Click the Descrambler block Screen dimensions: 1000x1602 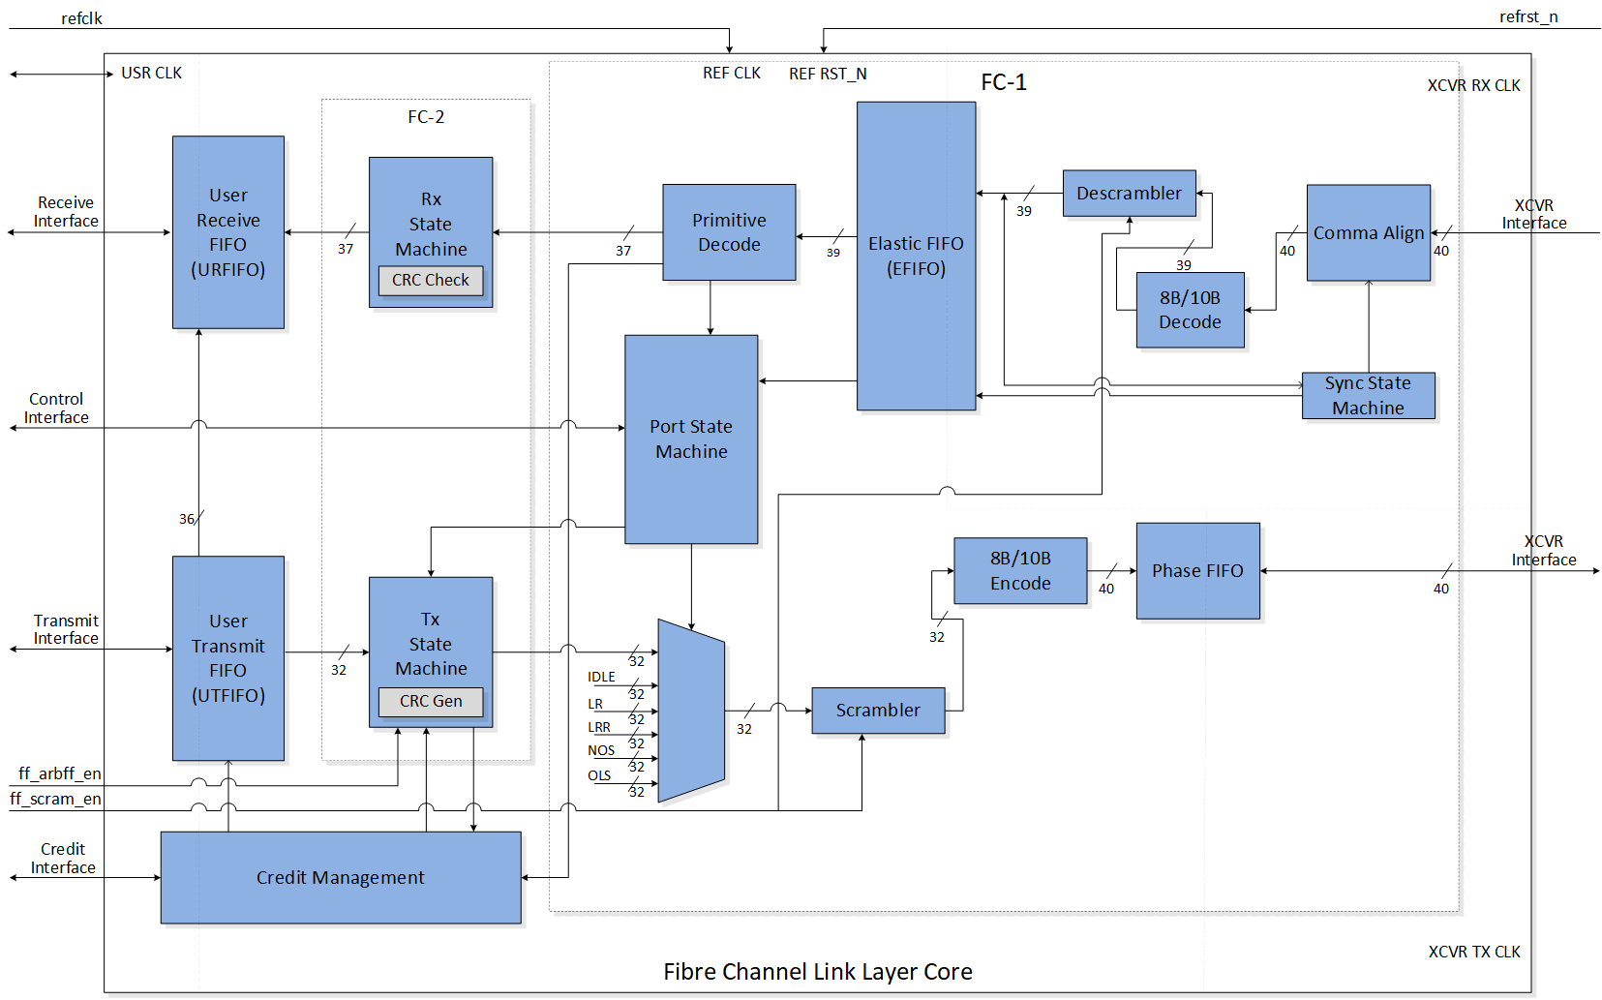(x=1129, y=193)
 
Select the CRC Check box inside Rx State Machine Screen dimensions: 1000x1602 (x=430, y=280)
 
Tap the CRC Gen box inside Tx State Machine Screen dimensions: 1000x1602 (x=431, y=701)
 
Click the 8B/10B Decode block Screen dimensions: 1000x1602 (x=1190, y=310)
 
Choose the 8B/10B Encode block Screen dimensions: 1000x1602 (x=1020, y=570)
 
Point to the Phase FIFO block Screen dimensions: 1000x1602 (x=1197, y=570)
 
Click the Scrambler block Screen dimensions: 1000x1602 (x=878, y=710)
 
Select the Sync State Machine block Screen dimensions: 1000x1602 (x=1367, y=395)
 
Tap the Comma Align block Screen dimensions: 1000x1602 (x=1368, y=232)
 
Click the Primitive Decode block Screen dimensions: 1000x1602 (x=729, y=232)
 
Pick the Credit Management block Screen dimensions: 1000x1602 (x=340, y=877)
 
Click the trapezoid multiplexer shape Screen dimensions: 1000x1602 (x=691, y=711)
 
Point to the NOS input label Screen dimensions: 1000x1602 (x=601, y=750)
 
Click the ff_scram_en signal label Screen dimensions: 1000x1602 (x=55, y=799)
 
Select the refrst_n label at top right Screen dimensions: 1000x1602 (x=1527, y=16)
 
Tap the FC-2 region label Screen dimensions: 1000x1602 (x=426, y=117)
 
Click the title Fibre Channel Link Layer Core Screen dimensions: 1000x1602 (x=817, y=971)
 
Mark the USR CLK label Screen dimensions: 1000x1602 (x=151, y=73)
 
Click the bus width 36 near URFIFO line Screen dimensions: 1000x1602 (x=187, y=519)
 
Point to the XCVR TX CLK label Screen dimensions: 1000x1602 (x=1473, y=952)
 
